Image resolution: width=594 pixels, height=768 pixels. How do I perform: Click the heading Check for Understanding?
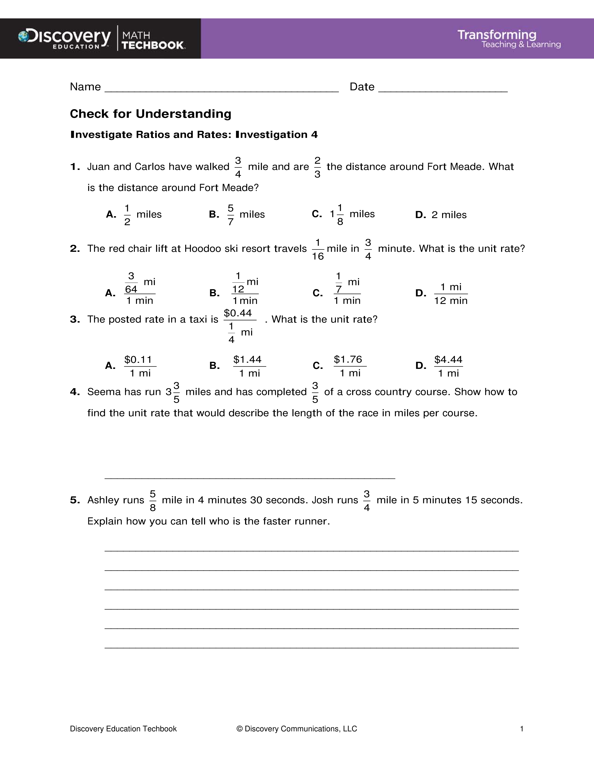(x=151, y=114)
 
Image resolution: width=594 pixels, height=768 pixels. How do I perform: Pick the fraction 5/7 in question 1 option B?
(x=230, y=215)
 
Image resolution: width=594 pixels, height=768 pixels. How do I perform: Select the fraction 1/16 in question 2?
(x=318, y=249)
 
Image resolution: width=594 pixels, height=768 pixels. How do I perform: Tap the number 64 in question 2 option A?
(x=131, y=289)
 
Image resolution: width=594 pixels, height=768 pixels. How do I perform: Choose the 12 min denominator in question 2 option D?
(x=451, y=301)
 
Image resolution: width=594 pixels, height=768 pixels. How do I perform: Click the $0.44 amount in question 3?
(x=238, y=313)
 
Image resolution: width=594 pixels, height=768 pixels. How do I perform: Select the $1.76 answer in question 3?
(x=348, y=359)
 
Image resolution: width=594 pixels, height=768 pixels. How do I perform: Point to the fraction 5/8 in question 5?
(x=153, y=500)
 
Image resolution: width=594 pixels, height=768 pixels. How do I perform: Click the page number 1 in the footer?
(x=522, y=729)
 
